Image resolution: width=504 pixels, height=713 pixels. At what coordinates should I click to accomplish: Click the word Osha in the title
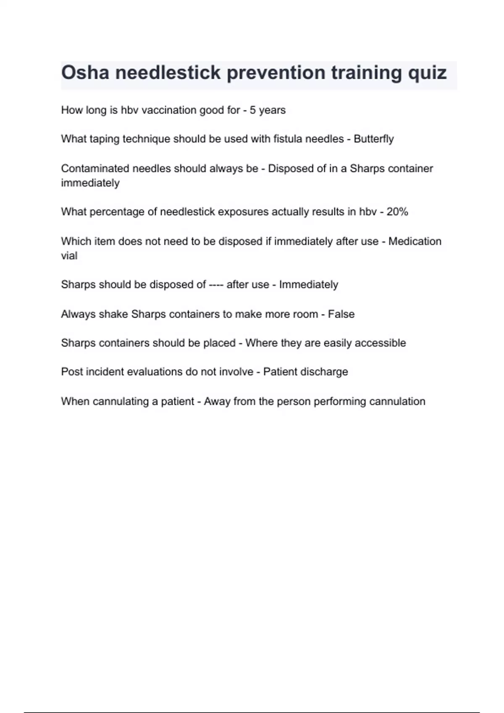(85, 73)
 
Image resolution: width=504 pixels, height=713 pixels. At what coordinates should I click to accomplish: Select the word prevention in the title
(276, 73)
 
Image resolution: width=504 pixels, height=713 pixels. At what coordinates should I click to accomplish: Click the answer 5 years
(268, 110)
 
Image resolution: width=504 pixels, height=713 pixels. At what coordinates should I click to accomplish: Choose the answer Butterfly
(373, 139)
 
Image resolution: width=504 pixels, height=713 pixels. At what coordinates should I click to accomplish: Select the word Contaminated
(95, 169)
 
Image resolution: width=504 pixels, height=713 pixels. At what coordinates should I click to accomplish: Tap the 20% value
(397, 212)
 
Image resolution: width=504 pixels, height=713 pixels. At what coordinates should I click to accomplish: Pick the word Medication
(415, 242)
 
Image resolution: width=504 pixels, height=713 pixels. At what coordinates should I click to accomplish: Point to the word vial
(69, 256)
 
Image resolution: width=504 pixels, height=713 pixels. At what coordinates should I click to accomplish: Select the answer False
(341, 314)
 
